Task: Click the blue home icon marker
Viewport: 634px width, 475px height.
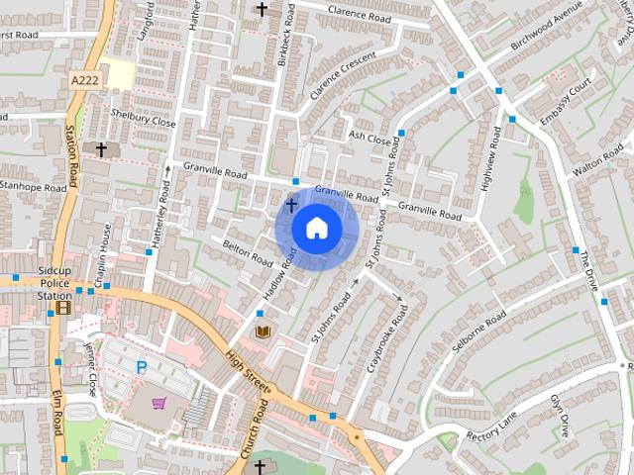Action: tap(316, 229)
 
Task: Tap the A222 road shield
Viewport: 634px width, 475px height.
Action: tap(86, 79)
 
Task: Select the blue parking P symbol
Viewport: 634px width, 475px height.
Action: tap(141, 367)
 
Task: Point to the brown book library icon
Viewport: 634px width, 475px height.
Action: tap(264, 330)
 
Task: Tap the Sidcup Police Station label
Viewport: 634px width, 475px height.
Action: tap(53, 282)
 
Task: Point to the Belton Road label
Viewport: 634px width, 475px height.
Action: tap(248, 253)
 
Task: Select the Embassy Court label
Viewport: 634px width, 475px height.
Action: tap(565, 105)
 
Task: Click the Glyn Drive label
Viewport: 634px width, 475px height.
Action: tap(561, 416)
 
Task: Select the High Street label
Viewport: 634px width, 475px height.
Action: tap(248, 373)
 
